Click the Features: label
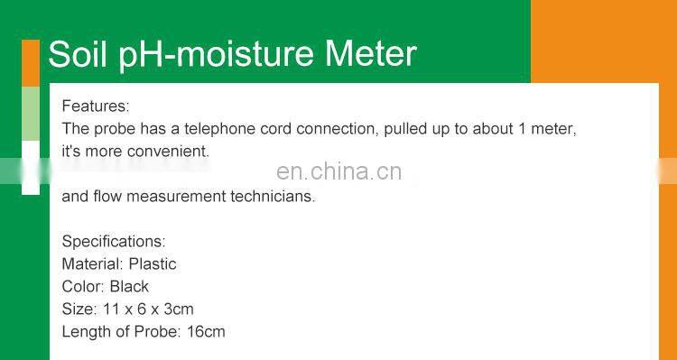95,106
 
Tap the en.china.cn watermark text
338,171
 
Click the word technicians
272,196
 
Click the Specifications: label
114,242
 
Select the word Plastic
153,264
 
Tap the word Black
129,287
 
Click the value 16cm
206,332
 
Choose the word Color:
83,287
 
